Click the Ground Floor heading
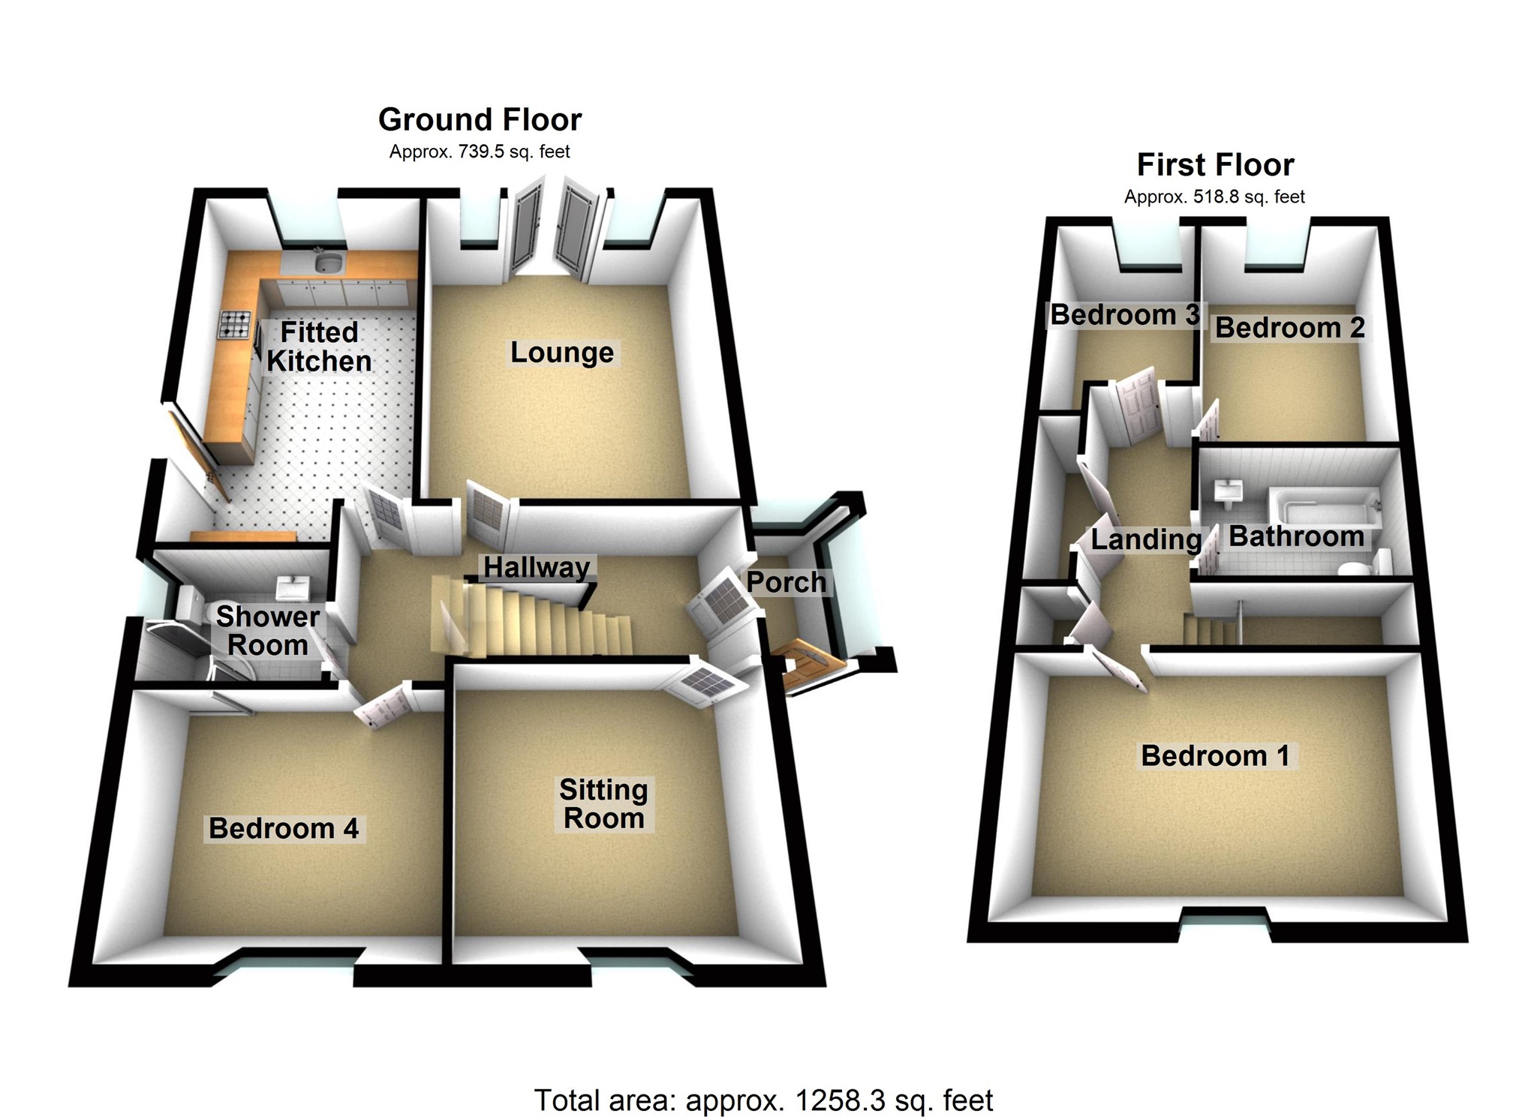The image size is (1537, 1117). tap(480, 120)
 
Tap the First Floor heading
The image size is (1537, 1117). tap(1215, 165)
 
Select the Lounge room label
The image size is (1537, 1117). tap(562, 353)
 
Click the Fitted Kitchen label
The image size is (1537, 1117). tap(319, 347)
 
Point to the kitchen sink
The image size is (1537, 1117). tap(329, 262)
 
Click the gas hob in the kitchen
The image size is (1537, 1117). tap(234, 324)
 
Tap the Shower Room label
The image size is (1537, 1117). tap(268, 631)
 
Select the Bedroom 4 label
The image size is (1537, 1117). tap(284, 828)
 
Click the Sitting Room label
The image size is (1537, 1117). tap(604, 803)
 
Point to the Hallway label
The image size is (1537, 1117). tap(537, 567)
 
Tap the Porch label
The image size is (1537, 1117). tap(786, 582)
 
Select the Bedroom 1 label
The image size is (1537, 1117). tap(1215, 755)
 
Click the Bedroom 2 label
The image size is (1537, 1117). tap(1289, 328)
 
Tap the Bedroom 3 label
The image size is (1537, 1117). tap(1124, 315)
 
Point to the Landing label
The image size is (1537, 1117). tap(1145, 539)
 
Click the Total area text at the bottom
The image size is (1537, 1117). tap(763, 1100)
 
